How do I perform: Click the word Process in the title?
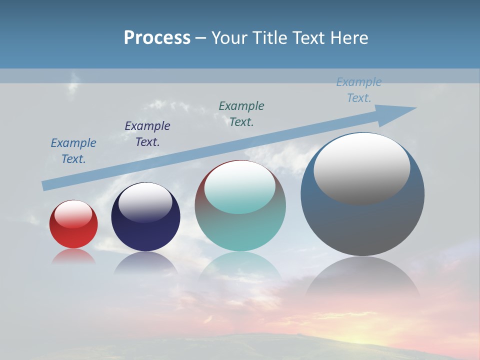[157, 38]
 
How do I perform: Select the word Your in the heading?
[230, 38]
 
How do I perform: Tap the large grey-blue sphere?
[362, 225]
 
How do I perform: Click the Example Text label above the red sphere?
[73, 151]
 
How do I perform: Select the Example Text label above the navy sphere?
[147, 134]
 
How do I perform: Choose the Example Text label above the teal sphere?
[241, 114]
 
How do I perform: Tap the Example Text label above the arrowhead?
[359, 90]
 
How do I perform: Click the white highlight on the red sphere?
[73, 214]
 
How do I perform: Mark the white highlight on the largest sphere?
[361, 167]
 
